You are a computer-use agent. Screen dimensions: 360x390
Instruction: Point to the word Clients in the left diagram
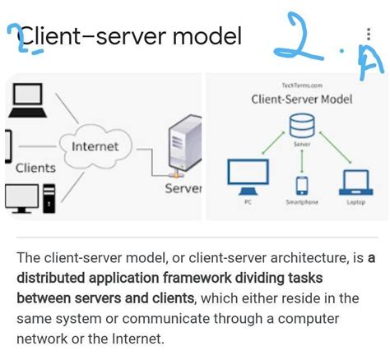click(35, 168)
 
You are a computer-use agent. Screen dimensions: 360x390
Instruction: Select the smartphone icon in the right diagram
click(301, 185)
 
